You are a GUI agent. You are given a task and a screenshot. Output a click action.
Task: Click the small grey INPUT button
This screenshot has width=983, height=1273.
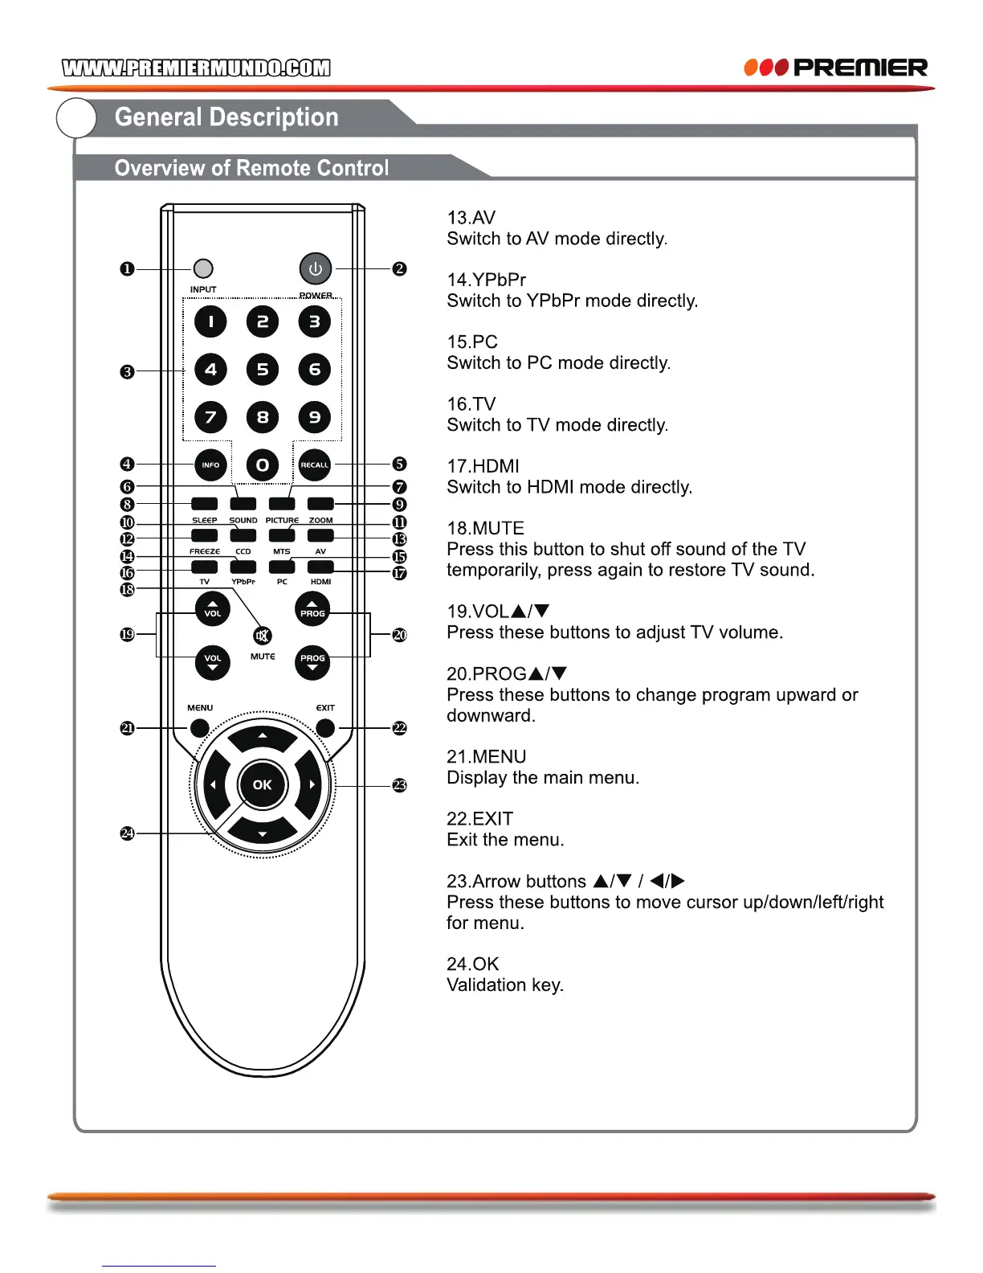click(204, 268)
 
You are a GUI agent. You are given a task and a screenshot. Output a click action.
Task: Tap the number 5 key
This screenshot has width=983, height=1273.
click(263, 370)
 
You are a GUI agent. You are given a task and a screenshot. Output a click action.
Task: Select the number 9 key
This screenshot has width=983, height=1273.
click(315, 417)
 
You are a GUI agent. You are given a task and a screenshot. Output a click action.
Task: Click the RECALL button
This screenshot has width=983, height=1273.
click(315, 465)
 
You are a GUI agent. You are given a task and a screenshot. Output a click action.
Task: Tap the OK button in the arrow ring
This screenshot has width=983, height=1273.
click(263, 784)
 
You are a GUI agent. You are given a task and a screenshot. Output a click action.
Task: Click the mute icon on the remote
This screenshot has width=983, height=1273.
click(262, 636)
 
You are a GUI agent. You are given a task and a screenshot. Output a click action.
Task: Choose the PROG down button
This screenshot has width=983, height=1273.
click(312, 662)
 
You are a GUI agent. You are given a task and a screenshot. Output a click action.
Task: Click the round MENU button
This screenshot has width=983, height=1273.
click(199, 728)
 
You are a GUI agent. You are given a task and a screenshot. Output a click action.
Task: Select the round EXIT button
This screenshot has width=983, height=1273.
click(325, 728)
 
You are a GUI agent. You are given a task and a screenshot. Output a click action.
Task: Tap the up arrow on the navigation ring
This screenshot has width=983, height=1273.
click(263, 736)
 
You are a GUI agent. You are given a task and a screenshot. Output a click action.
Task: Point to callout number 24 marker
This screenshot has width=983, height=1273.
click(127, 833)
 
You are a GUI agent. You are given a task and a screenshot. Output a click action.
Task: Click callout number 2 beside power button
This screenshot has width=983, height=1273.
click(399, 268)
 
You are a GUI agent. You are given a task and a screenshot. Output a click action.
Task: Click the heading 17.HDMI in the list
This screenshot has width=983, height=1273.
click(483, 466)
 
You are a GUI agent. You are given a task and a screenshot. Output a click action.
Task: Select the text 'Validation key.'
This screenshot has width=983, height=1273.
click(505, 985)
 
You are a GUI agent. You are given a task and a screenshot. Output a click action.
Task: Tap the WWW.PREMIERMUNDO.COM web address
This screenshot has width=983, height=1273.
click(196, 68)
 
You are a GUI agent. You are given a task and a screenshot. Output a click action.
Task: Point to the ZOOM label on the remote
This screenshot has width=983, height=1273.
click(320, 520)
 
